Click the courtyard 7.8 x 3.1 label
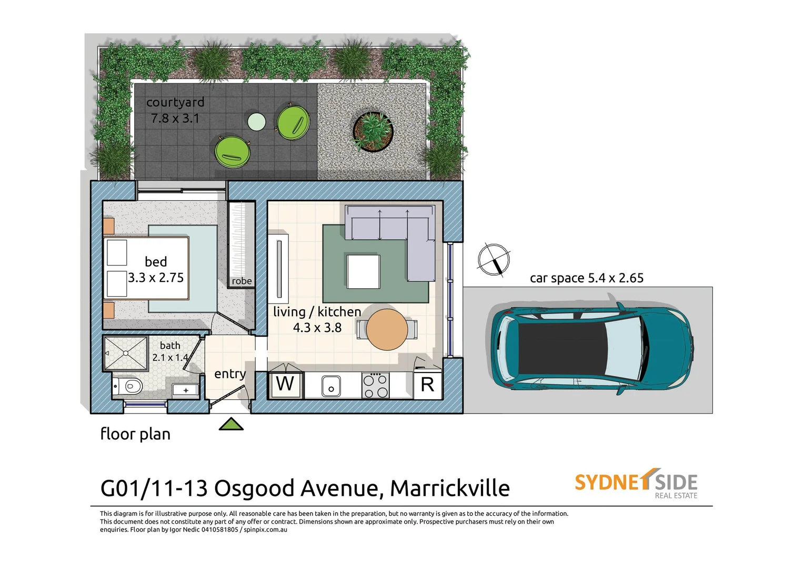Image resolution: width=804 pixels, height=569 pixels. click(175, 110)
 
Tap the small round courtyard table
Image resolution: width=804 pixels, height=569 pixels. click(257, 122)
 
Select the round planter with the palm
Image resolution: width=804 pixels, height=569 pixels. click(373, 131)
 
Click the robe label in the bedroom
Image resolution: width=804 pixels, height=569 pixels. click(242, 281)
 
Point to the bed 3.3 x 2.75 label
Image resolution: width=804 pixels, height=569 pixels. click(156, 270)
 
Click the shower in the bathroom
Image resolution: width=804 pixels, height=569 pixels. click(126, 354)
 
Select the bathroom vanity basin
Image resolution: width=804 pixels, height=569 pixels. click(186, 390)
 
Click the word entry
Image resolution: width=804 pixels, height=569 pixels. click(230, 374)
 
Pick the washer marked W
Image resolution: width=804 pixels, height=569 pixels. click(285, 385)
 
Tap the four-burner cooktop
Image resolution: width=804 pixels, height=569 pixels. click(376, 386)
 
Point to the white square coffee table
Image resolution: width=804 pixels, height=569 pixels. click(363, 271)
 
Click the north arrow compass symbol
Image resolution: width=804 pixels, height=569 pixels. click(494, 260)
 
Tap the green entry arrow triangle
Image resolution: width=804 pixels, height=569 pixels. click(231, 424)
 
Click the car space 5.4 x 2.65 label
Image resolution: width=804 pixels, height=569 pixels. click(586, 278)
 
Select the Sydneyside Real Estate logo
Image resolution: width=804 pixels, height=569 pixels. click(636, 483)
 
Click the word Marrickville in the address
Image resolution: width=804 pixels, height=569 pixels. click(450, 489)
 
